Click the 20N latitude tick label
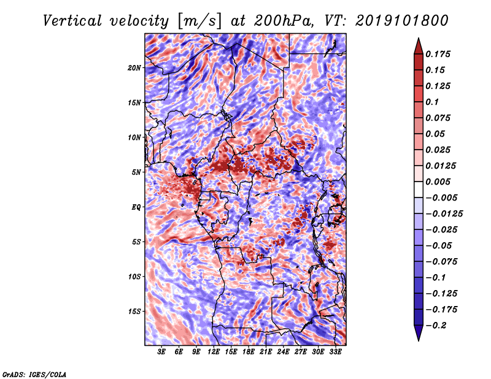tap(134, 67)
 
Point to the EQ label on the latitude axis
tap(136, 207)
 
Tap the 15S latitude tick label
tap(134, 311)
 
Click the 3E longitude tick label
tap(162, 352)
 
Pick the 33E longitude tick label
tap(335, 352)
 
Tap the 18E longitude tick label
tap(249, 352)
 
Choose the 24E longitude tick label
tap(283, 352)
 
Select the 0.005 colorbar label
tap(440, 182)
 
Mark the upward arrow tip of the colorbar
tap(417, 40)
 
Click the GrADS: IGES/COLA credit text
tap(34, 373)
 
